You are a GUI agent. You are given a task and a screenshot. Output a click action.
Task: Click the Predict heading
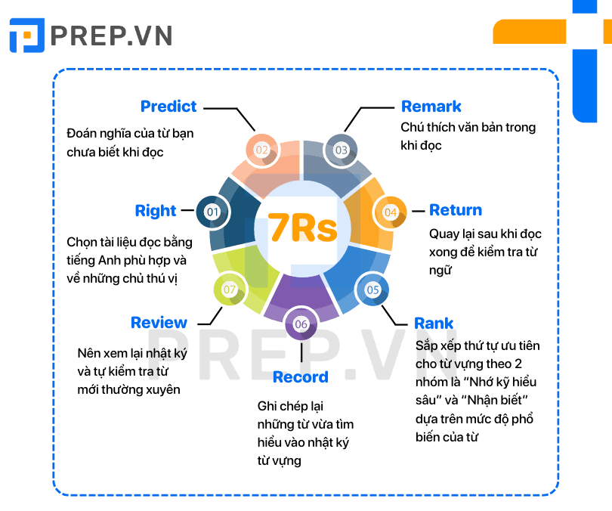pyautogui.click(x=168, y=106)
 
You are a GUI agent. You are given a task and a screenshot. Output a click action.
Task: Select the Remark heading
pyautogui.click(x=431, y=106)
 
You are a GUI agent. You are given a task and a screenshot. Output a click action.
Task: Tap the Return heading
pyautogui.click(x=456, y=210)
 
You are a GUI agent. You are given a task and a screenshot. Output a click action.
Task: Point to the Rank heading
pyautogui.click(x=434, y=324)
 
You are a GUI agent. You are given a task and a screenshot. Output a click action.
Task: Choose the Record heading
pyautogui.click(x=301, y=377)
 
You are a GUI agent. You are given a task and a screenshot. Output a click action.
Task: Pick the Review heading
pyautogui.click(x=159, y=323)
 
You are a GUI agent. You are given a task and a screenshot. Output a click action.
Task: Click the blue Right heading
pyautogui.click(x=156, y=211)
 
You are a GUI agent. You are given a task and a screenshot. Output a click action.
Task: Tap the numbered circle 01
pyautogui.click(x=213, y=212)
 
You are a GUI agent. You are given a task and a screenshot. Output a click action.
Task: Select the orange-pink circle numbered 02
pyautogui.click(x=262, y=150)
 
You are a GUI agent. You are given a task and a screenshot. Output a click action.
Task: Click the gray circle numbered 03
pyautogui.click(x=341, y=150)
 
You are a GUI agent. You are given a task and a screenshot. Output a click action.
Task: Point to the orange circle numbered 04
pyautogui.click(x=391, y=212)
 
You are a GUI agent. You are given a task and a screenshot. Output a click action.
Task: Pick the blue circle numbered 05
pyautogui.click(x=372, y=290)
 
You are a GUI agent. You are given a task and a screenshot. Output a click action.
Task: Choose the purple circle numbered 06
pyautogui.click(x=301, y=324)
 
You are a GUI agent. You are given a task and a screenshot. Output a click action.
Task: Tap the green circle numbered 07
pyautogui.click(x=230, y=290)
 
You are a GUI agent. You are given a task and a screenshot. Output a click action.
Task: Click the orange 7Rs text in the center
pyautogui.click(x=302, y=228)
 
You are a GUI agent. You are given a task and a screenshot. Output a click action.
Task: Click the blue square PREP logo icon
pyautogui.click(x=27, y=35)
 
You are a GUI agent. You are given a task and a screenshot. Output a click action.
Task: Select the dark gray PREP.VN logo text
pyautogui.click(x=111, y=36)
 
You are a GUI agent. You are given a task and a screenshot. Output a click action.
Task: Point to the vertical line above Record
pyautogui.click(x=301, y=352)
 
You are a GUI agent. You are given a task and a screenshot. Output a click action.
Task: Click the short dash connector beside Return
pyautogui.click(x=419, y=211)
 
